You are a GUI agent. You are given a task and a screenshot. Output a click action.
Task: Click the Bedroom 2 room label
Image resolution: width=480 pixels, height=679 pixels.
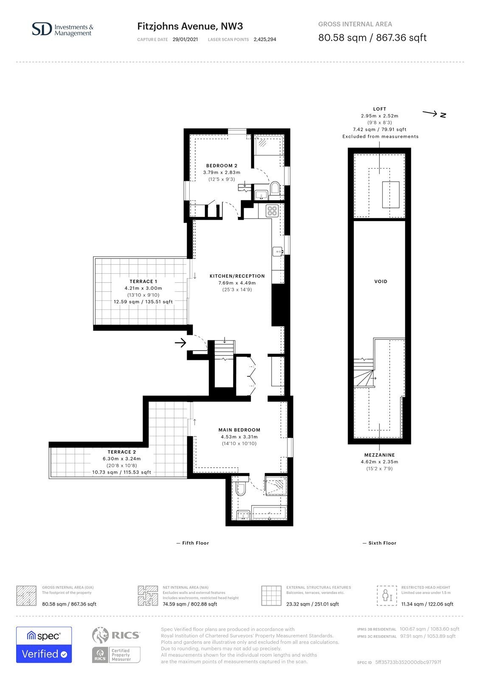coord(222,166)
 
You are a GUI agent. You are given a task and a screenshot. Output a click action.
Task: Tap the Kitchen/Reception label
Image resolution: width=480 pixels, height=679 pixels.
coord(237,276)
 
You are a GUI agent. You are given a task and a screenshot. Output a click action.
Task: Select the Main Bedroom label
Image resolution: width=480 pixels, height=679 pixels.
coord(239,430)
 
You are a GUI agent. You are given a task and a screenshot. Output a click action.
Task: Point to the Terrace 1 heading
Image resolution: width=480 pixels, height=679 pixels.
coord(143,281)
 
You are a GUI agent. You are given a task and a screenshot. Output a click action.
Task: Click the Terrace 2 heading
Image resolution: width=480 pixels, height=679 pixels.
coord(122,452)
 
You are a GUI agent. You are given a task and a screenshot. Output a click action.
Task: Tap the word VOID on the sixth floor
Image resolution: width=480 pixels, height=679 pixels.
coord(381,281)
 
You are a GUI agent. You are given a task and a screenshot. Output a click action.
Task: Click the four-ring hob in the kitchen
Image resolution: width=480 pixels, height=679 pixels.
coord(272,210)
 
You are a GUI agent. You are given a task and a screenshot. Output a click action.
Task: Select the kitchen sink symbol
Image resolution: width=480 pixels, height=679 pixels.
coord(278,251)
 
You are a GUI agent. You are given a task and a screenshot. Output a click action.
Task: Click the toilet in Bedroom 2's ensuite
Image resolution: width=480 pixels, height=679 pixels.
coord(275,188)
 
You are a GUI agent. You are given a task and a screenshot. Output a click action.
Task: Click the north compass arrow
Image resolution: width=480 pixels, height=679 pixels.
coord(429,113)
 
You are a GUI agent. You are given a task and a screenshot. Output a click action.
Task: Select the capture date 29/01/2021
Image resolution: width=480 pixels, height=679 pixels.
coord(185,39)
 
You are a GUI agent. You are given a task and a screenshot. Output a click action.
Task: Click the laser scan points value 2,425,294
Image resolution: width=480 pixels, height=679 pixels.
coord(265,39)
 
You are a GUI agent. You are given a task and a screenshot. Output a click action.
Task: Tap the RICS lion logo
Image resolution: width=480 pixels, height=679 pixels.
coord(100,635)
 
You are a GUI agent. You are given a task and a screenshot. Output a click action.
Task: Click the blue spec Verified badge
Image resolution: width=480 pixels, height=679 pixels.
coord(44,645)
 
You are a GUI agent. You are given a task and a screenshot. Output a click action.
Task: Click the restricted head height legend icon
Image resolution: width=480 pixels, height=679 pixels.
coord(387,595)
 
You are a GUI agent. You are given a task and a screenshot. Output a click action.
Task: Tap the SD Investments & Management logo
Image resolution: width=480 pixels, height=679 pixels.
coord(62,29)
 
